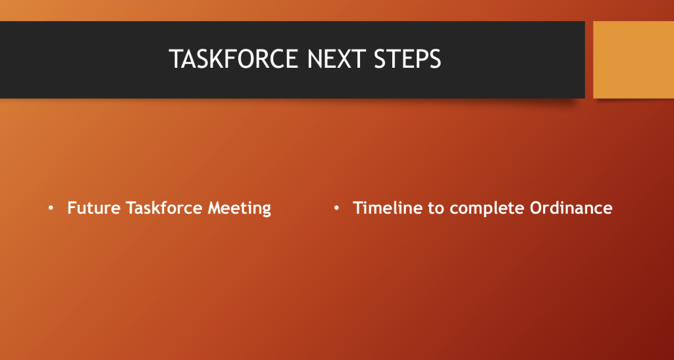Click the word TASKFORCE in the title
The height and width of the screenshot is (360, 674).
(x=234, y=59)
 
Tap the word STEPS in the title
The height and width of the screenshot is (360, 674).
(x=407, y=59)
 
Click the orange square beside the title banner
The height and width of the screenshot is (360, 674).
(x=634, y=60)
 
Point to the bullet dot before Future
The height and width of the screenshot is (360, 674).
(x=51, y=209)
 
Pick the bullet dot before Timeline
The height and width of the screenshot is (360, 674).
(x=336, y=209)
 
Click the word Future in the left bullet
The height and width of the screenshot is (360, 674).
(x=93, y=208)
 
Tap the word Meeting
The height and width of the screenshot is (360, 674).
(x=240, y=209)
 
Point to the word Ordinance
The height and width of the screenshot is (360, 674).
(x=571, y=208)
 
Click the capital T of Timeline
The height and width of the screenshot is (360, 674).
(x=358, y=208)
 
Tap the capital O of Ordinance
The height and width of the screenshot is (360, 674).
(x=536, y=208)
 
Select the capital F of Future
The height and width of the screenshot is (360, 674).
(x=72, y=208)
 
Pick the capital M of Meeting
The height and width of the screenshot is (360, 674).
(x=215, y=208)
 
